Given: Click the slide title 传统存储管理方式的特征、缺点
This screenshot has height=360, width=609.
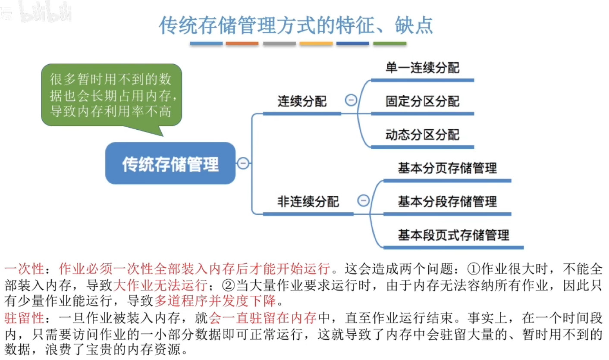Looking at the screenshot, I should [x=295, y=26].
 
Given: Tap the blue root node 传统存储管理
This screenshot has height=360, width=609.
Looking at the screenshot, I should [x=170, y=164].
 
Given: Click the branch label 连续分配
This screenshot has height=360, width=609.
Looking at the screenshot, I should [x=302, y=102].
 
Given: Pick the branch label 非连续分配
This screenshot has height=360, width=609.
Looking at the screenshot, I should [x=308, y=201].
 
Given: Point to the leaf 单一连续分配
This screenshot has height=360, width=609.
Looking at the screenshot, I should [x=422, y=68].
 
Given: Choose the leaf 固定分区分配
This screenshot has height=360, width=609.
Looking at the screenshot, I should [x=422, y=102].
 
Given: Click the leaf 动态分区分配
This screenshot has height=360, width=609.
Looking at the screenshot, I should [x=422, y=135].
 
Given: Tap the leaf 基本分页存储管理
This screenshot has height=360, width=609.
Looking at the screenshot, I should [x=447, y=168].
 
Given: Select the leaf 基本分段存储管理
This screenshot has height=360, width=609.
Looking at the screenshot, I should [x=447, y=201].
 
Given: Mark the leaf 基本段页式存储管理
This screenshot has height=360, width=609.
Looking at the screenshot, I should [x=453, y=235].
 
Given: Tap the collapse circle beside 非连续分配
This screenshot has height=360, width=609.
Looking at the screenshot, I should [x=364, y=200].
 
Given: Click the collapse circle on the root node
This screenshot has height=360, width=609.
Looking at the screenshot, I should [x=243, y=163].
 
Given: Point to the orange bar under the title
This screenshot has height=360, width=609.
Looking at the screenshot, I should [x=242, y=44].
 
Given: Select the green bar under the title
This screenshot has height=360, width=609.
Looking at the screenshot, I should [x=389, y=44].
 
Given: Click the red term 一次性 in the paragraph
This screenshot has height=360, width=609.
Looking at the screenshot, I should [x=24, y=269].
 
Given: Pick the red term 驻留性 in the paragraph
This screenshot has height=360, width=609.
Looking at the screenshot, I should [x=24, y=319].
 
